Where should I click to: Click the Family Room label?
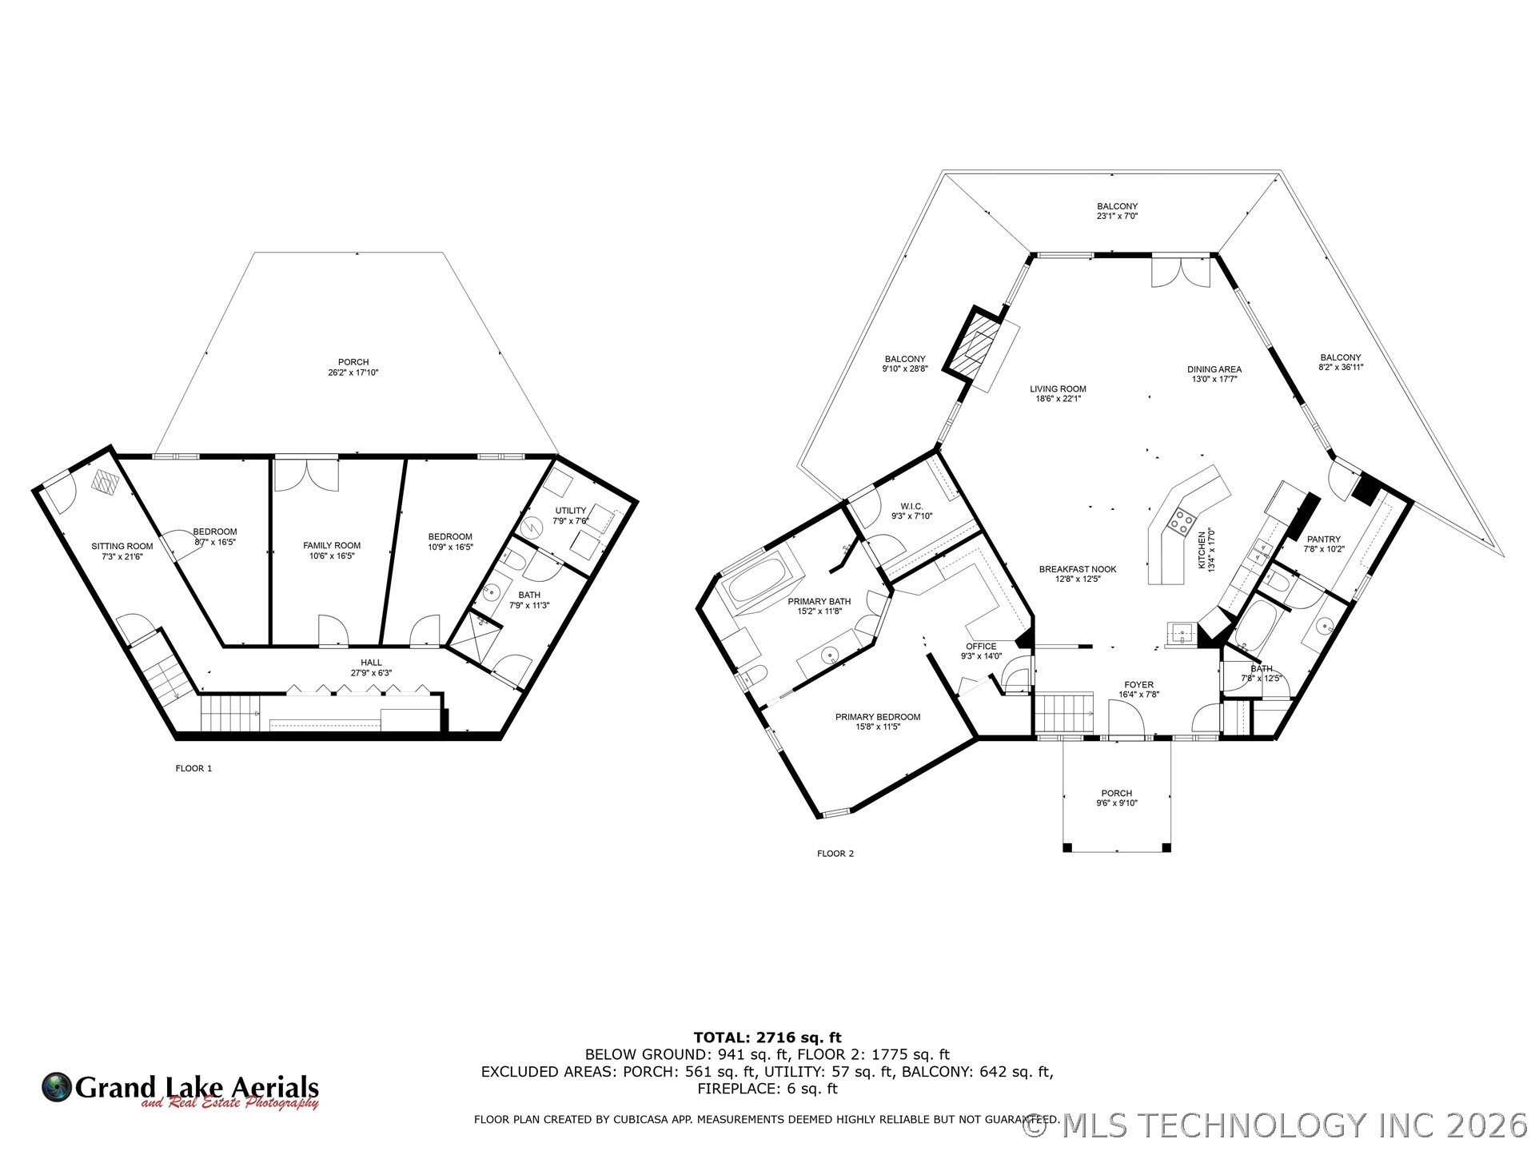[332, 550]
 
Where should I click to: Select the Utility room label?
[571, 516]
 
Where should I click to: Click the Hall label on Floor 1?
[371, 667]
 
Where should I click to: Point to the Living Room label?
[1058, 393]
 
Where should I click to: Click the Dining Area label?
[1214, 374]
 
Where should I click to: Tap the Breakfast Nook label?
[1078, 574]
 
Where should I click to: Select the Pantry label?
[1323, 544]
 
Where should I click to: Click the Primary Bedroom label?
[878, 722]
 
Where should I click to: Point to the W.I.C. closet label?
[911, 511]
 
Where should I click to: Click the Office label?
[981, 651]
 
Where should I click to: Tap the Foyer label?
[1138, 690]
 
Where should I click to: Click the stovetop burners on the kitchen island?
[1180, 521]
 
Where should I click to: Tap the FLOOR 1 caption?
[193, 769]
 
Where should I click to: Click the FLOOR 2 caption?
[835, 854]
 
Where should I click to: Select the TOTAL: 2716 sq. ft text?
[767, 1037]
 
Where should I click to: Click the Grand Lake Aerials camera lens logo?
[57, 1087]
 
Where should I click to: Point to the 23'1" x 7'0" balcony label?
[1117, 216]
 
